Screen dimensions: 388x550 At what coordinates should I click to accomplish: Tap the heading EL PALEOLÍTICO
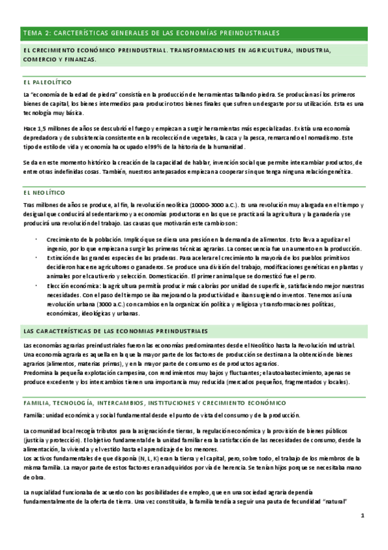coord(47,82)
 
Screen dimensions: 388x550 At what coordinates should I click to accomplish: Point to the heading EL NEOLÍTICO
coord(43,193)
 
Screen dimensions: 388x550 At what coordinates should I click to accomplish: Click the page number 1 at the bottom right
coord(363,516)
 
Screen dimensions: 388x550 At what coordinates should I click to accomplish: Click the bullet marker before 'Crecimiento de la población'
coord(37,239)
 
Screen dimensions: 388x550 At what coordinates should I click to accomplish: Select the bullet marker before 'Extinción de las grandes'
coord(37,257)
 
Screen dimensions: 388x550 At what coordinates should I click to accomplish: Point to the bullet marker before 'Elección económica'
coord(37,285)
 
